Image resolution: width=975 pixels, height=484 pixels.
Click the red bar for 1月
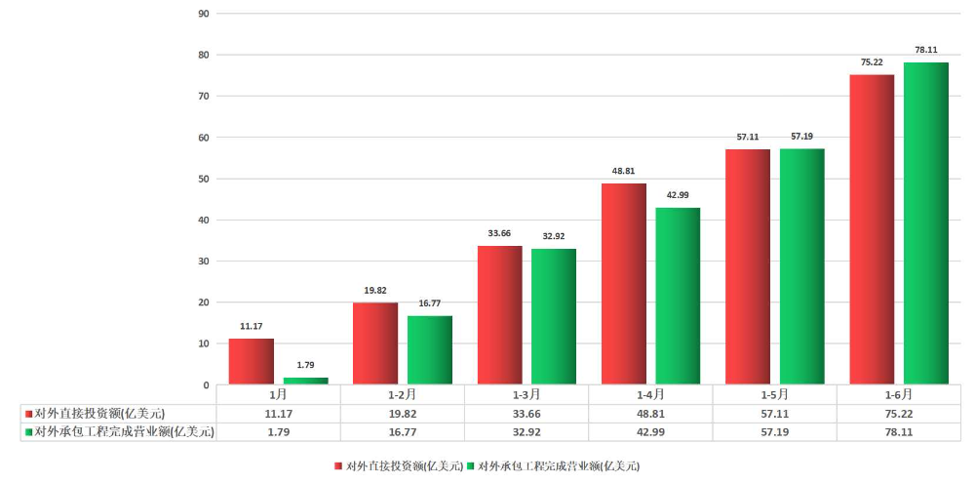tap(252, 361)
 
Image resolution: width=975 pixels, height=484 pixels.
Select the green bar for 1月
tap(306, 381)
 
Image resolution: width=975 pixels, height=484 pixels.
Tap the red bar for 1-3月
tap(500, 315)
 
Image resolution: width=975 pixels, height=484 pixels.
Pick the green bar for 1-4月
tap(678, 296)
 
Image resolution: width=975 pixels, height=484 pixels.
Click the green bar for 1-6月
tap(926, 223)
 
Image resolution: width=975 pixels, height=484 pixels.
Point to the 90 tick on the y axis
tap(204, 14)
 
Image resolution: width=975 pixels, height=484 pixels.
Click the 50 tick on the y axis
tap(204, 179)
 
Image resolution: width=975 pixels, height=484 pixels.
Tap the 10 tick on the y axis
tap(204, 343)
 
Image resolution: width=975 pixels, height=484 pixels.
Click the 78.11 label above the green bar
tap(926, 50)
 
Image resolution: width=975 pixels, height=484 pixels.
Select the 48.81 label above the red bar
tap(624, 171)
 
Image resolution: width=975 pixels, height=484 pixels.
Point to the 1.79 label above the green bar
tap(306, 365)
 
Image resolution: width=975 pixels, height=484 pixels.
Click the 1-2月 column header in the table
tap(403, 395)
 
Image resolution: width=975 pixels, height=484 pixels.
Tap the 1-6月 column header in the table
tap(899, 395)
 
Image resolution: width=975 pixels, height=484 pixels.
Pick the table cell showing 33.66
tap(526, 413)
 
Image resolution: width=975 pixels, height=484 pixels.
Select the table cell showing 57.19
tap(775, 430)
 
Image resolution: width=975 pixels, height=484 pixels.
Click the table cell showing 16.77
tap(403, 430)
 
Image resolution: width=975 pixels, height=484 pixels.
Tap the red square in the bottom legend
tap(338, 466)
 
